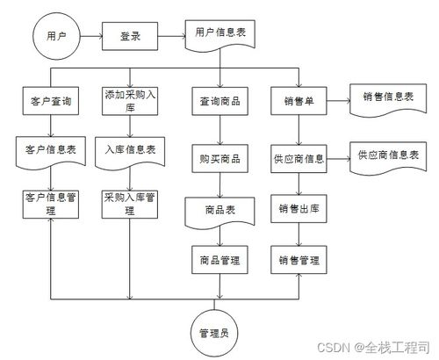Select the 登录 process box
(x=130, y=37)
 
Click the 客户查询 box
(x=52, y=101)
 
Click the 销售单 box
(x=299, y=101)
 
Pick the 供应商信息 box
(x=299, y=159)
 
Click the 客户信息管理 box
(x=52, y=203)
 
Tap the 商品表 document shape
(x=215, y=212)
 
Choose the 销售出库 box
(x=299, y=209)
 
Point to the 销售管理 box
(x=299, y=260)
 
